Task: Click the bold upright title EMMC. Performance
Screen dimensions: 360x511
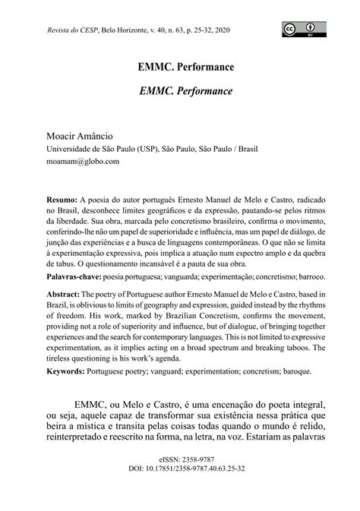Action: click(180, 67)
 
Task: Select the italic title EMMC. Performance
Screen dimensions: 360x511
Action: click(180, 90)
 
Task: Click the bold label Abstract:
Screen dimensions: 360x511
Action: click(63, 295)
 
